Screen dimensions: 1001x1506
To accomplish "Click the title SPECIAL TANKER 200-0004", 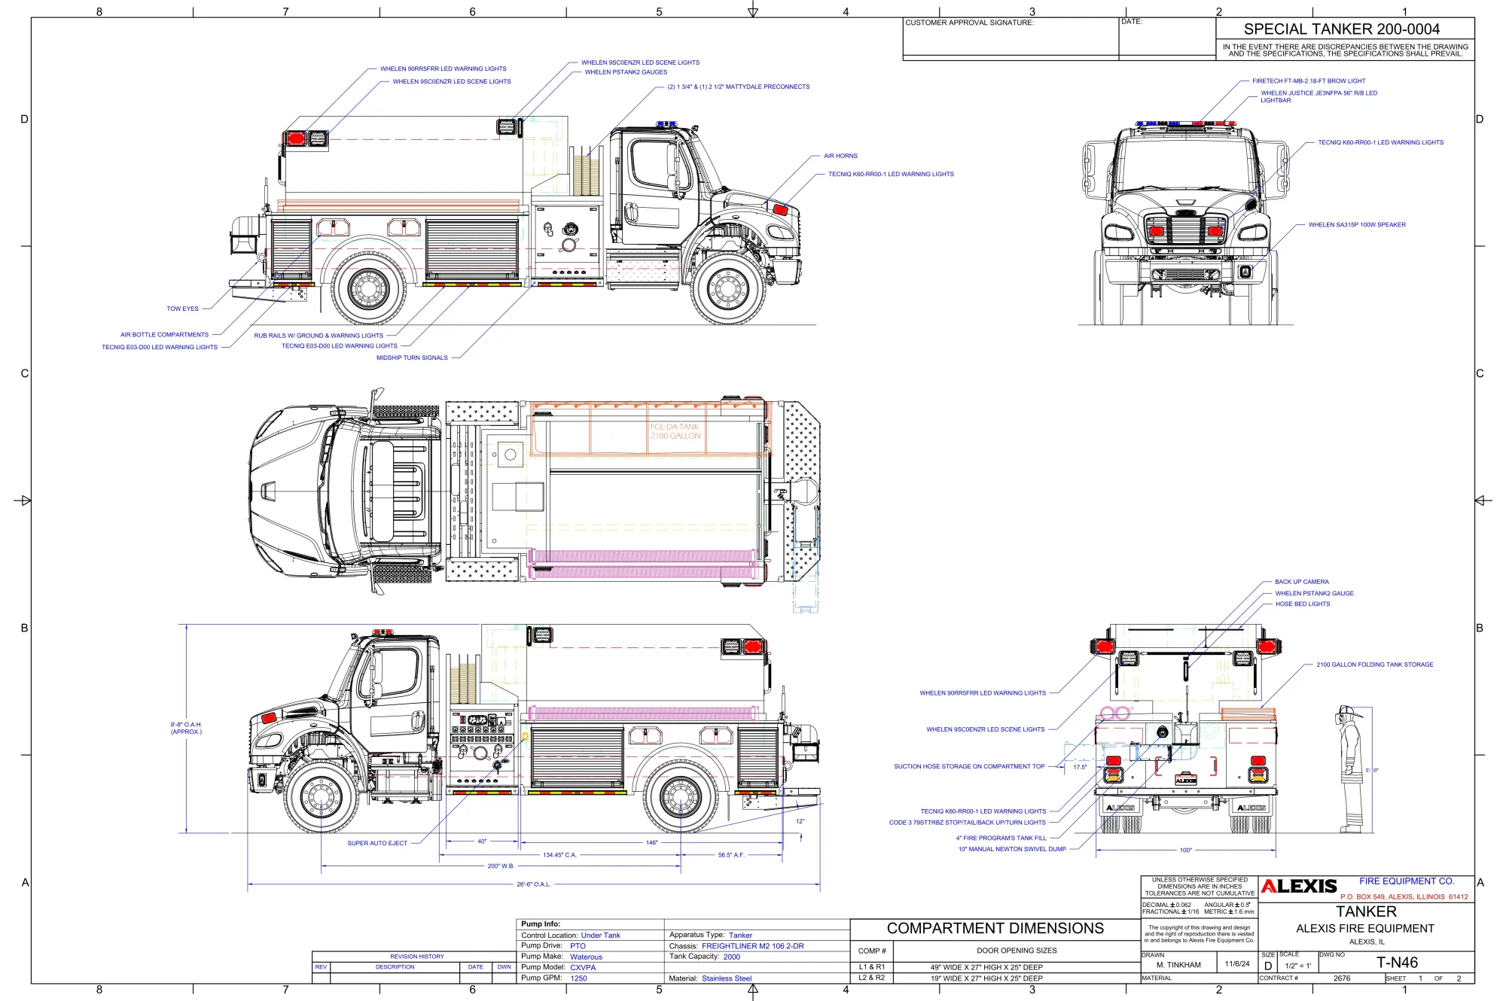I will pos(1341,29).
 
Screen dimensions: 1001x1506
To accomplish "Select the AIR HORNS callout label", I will pos(840,156).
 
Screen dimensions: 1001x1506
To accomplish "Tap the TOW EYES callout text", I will pos(182,309).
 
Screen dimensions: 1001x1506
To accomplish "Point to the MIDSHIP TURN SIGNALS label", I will pos(412,358).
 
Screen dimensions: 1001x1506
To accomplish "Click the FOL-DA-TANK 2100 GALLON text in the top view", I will pos(675,431).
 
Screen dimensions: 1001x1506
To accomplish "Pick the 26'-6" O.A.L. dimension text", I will pos(533,884).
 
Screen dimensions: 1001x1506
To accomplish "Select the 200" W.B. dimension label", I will pos(500,866).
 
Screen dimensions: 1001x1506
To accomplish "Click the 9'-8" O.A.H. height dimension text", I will pos(186,728).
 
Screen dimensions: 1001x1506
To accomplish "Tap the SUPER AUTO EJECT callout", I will pos(376,843).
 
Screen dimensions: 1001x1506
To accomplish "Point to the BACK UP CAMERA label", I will pos(1301,582).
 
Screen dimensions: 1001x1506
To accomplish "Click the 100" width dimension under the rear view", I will pos(1185,850).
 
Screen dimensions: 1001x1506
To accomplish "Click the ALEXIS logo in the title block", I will pos(1299,887).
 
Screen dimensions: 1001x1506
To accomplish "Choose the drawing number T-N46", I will pos(1397,963).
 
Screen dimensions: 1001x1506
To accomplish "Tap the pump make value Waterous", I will pos(586,957).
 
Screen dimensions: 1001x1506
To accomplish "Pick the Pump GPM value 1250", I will pos(578,978).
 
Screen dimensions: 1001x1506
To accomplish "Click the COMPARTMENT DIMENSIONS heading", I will pos(995,929).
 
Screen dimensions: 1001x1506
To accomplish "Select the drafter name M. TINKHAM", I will pos(1178,965).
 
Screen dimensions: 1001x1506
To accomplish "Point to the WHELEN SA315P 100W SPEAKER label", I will pos(1356,225).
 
